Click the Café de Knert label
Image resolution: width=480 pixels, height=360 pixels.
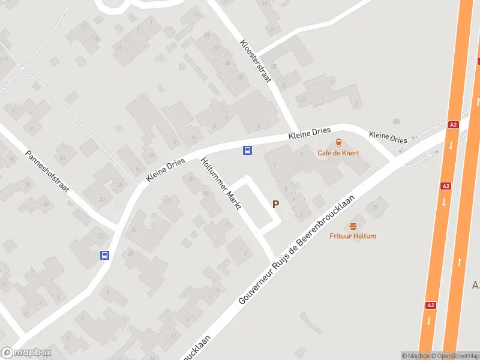click(x=338, y=153)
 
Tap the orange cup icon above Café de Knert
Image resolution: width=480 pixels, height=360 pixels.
click(x=338, y=143)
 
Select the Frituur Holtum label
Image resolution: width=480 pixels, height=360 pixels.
click(x=353, y=236)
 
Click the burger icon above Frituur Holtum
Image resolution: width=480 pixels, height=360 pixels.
click(x=353, y=226)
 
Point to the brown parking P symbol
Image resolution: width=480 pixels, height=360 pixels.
click(x=275, y=204)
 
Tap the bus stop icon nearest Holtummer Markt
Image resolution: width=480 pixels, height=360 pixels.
click(x=247, y=150)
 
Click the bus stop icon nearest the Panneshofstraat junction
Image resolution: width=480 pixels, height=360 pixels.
click(x=104, y=255)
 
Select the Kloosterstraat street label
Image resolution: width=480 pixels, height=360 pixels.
click(x=256, y=61)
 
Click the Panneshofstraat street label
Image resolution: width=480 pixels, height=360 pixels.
click(x=47, y=171)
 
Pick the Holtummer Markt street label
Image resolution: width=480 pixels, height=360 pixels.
click(x=221, y=184)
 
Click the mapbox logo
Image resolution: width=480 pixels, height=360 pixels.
click(x=26, y=353)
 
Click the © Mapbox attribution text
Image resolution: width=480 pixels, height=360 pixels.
click(x=415, y=356)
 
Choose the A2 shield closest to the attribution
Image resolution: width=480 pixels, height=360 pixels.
click(x=430, y=305)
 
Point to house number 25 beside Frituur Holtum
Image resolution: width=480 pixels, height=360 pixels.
click(x=375, y=207)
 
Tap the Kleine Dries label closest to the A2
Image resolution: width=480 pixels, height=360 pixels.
click(x=388, y=137)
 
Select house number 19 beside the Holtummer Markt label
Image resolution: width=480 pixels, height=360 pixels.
click(x=190, y=179)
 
